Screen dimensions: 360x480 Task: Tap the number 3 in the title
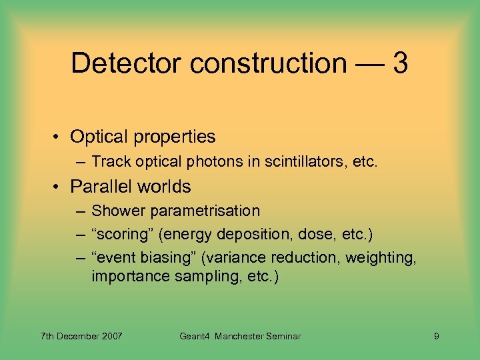(x=400, y=63)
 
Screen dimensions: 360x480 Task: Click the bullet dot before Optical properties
(x=58, y=137)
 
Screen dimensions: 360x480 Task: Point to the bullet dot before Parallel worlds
(x=58, y=187)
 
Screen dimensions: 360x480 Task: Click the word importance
(x=131, y=277)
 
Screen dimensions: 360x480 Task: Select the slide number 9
(x=436, y=337)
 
